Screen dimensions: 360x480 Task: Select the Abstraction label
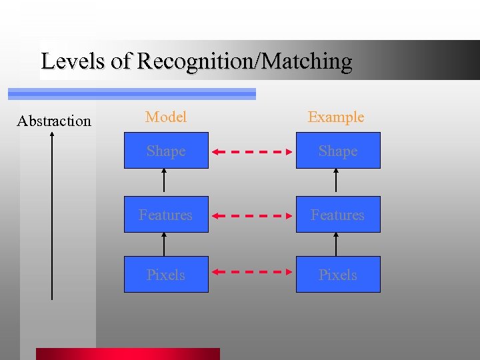pos(54,121)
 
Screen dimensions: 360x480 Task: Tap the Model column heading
pos(166,117)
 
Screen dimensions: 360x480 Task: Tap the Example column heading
pos(336,117)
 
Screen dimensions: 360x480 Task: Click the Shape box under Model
pos(166,151)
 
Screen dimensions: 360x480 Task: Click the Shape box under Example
pos(338,151)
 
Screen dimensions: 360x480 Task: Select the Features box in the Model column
pos(166,215)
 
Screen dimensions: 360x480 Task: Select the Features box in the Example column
pos(338,215)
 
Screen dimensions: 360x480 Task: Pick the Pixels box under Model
pos(166,275)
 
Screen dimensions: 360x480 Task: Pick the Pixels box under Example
pos(338,275)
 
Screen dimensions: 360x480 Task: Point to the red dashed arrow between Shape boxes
pos(252,152)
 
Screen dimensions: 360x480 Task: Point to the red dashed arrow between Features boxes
pos(252,216)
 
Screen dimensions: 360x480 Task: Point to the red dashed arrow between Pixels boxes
pos(252,272)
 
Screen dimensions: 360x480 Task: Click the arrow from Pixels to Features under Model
pos(164,244)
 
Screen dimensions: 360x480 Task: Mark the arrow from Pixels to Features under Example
pos(336,244)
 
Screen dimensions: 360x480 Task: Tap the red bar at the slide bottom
pos(127,353)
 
